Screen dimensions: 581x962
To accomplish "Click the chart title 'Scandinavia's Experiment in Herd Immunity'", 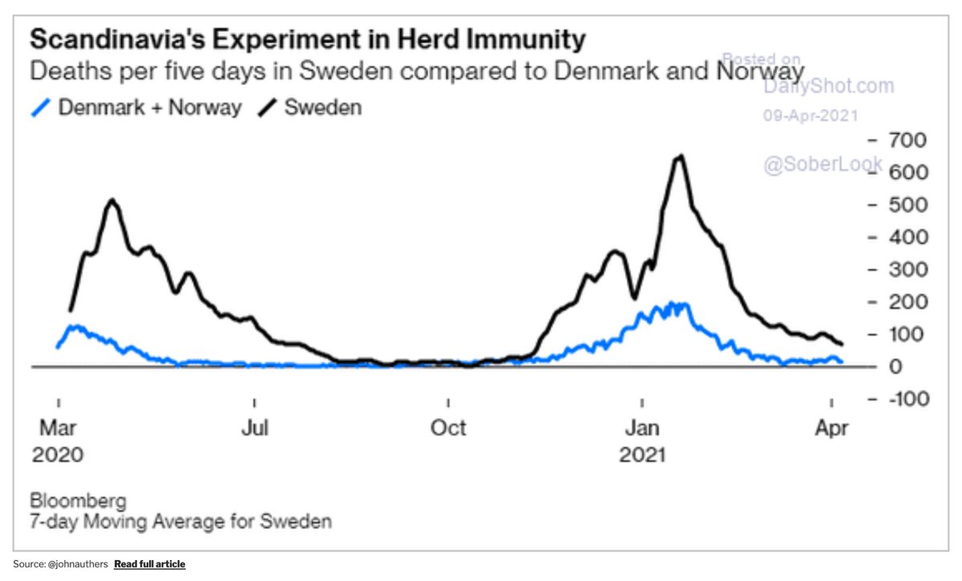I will pos(307,39).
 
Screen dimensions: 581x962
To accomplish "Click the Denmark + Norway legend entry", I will pos(137,107).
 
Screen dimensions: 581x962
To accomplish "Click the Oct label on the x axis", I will pos(448,428).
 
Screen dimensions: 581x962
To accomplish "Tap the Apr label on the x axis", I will pos(832,428).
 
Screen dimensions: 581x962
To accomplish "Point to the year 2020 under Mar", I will pos(58,455).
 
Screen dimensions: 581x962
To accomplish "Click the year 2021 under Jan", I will pos(642,455).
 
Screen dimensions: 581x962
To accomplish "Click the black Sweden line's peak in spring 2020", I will pos(112,201).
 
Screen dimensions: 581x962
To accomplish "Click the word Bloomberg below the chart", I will pos(78,502).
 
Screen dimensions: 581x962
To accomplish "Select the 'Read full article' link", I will pos(149,564).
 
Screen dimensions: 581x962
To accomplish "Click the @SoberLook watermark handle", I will pos(822,165).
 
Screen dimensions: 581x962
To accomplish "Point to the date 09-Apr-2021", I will pos(810,115).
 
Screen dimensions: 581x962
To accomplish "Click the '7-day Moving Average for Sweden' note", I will pos(181,522).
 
